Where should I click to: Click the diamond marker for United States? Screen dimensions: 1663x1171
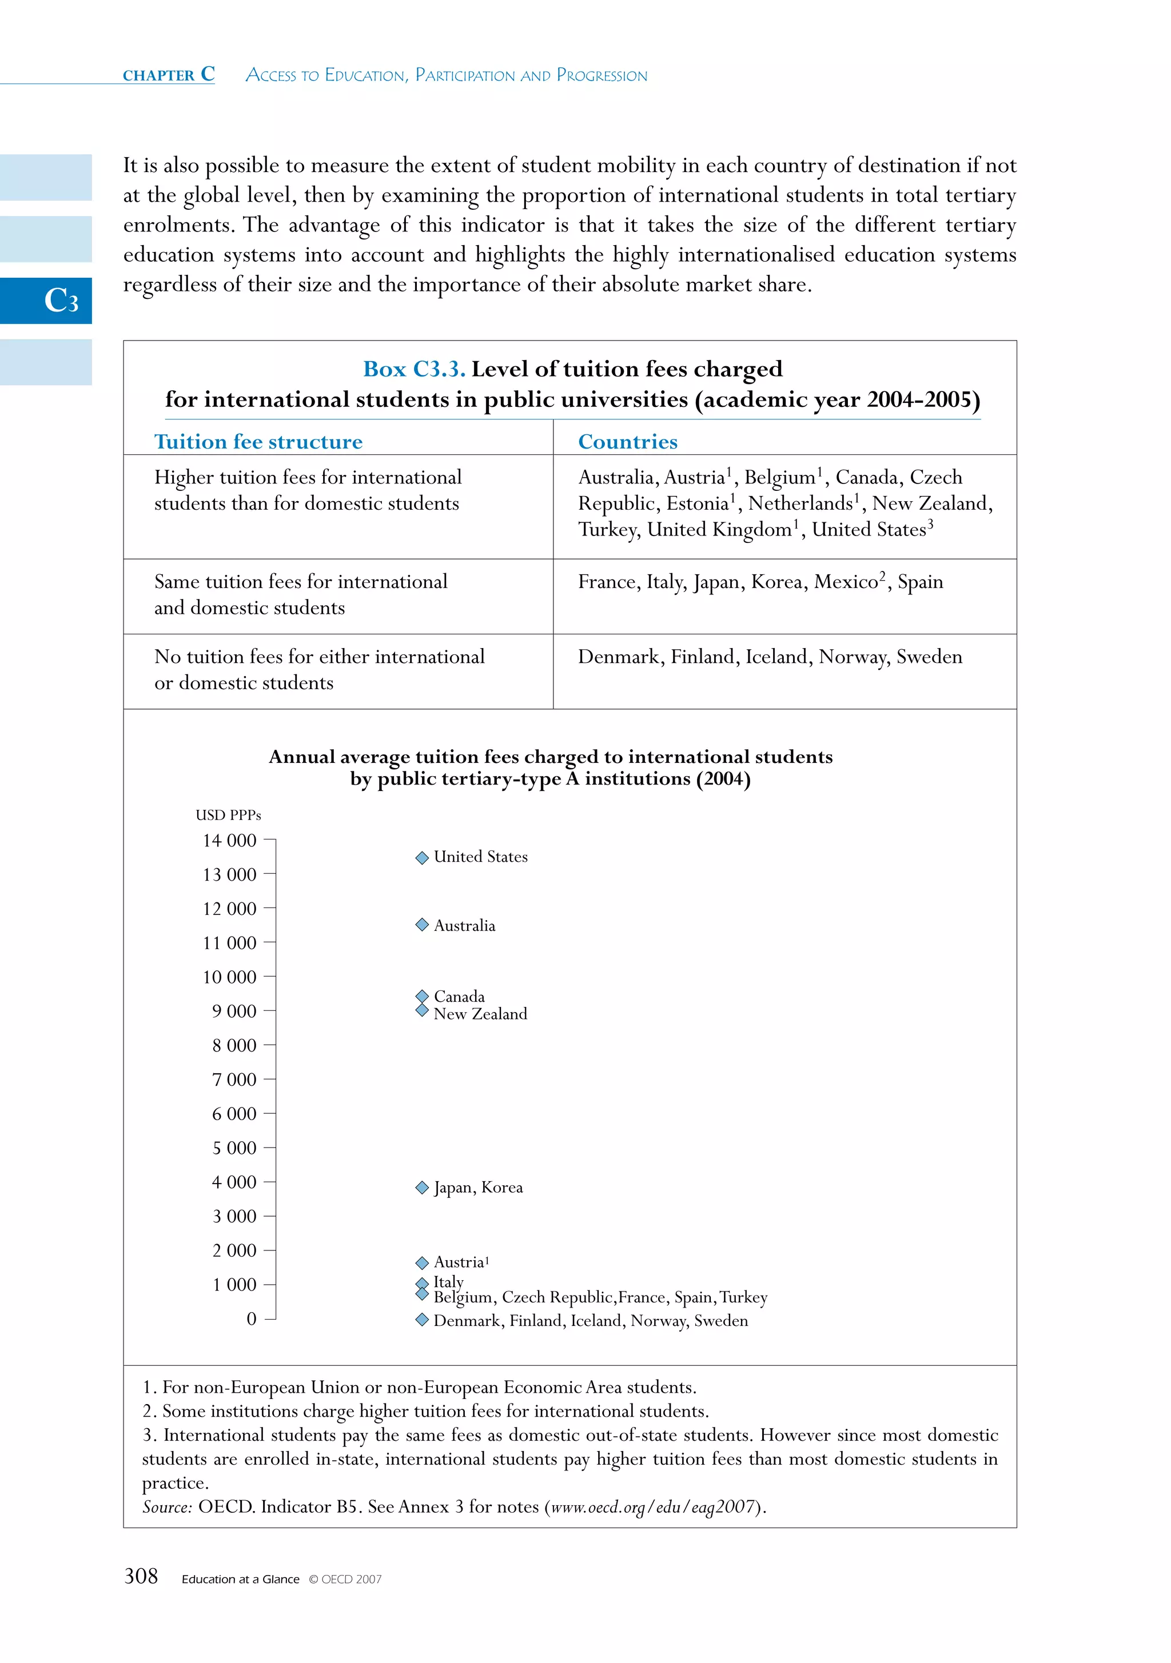tap(423, 858)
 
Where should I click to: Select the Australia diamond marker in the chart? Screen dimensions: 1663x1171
tap(423, 924)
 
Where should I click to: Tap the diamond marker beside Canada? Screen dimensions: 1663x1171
tap(423, 997)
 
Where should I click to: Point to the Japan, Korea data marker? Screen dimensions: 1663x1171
tap(423, 1187)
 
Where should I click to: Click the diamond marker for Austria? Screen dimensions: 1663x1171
tap(423, 1262)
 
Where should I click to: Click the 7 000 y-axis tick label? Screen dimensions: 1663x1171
tap(233, 1079)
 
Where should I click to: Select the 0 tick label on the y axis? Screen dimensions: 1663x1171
tap(252, 1318)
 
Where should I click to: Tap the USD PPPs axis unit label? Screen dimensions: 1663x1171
tap(228, 815)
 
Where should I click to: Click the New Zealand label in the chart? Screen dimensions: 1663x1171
tap(480, 1014)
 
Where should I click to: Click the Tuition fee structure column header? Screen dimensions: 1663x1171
tap(258, 442)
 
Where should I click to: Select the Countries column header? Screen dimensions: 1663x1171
tap(628, 442)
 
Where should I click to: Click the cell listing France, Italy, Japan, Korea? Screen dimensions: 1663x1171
tap(760, 582)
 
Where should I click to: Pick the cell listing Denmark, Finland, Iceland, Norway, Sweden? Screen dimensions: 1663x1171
tap(770, 657)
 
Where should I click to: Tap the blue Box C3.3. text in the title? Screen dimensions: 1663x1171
tap(414, 369)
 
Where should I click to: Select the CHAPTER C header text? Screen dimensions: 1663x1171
tap(169, 75)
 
